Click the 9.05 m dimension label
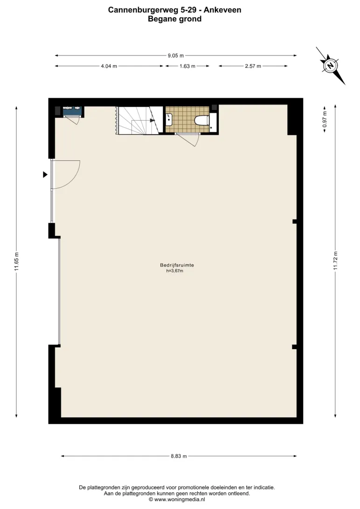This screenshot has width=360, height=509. coord(176,55)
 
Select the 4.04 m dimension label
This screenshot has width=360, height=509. coord(109,66)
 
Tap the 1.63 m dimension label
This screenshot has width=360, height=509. coord(187,66)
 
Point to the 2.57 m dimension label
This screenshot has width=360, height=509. coord(253,66)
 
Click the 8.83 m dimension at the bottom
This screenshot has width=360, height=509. coord(179,456)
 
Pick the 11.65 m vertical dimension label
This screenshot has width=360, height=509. coord(17,261)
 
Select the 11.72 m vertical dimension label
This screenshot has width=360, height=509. coord(336,261)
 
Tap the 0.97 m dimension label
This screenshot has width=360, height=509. coord(325,119)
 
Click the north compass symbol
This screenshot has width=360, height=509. coord(331,66)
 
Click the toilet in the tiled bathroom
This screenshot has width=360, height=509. coord(201,120)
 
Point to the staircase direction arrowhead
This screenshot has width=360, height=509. coord(152,120)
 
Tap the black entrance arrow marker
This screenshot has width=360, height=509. coord(45,175)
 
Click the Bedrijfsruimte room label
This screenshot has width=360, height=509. coord(177,265)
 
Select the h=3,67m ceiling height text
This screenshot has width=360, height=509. coord(175,271)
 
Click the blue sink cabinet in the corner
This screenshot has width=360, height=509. coord(72,110)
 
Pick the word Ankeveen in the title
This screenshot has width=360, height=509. coord(222,10)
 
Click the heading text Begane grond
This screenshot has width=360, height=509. coord(175,19)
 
